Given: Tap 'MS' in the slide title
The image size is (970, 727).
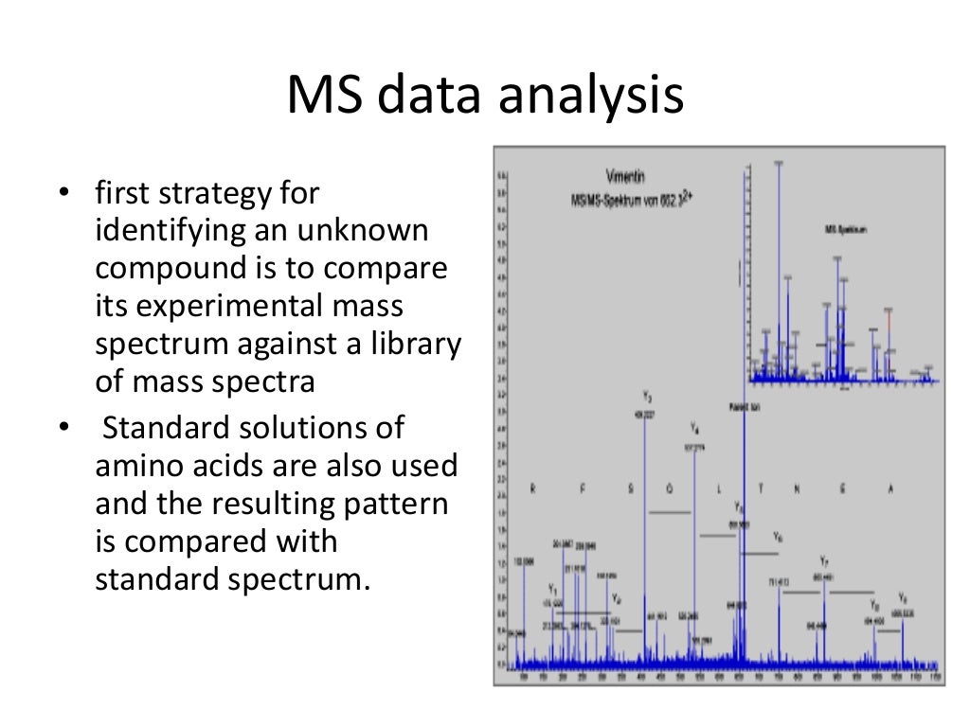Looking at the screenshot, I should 323,98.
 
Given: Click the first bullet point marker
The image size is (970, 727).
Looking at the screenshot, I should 63,195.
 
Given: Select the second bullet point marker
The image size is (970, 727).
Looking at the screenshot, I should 63,429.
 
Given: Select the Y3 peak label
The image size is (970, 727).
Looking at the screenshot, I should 646,397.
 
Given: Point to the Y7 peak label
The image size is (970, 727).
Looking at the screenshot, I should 824,560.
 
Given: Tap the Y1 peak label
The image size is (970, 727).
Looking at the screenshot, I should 552,590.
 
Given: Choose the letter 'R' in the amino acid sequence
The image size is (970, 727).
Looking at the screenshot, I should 532,488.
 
